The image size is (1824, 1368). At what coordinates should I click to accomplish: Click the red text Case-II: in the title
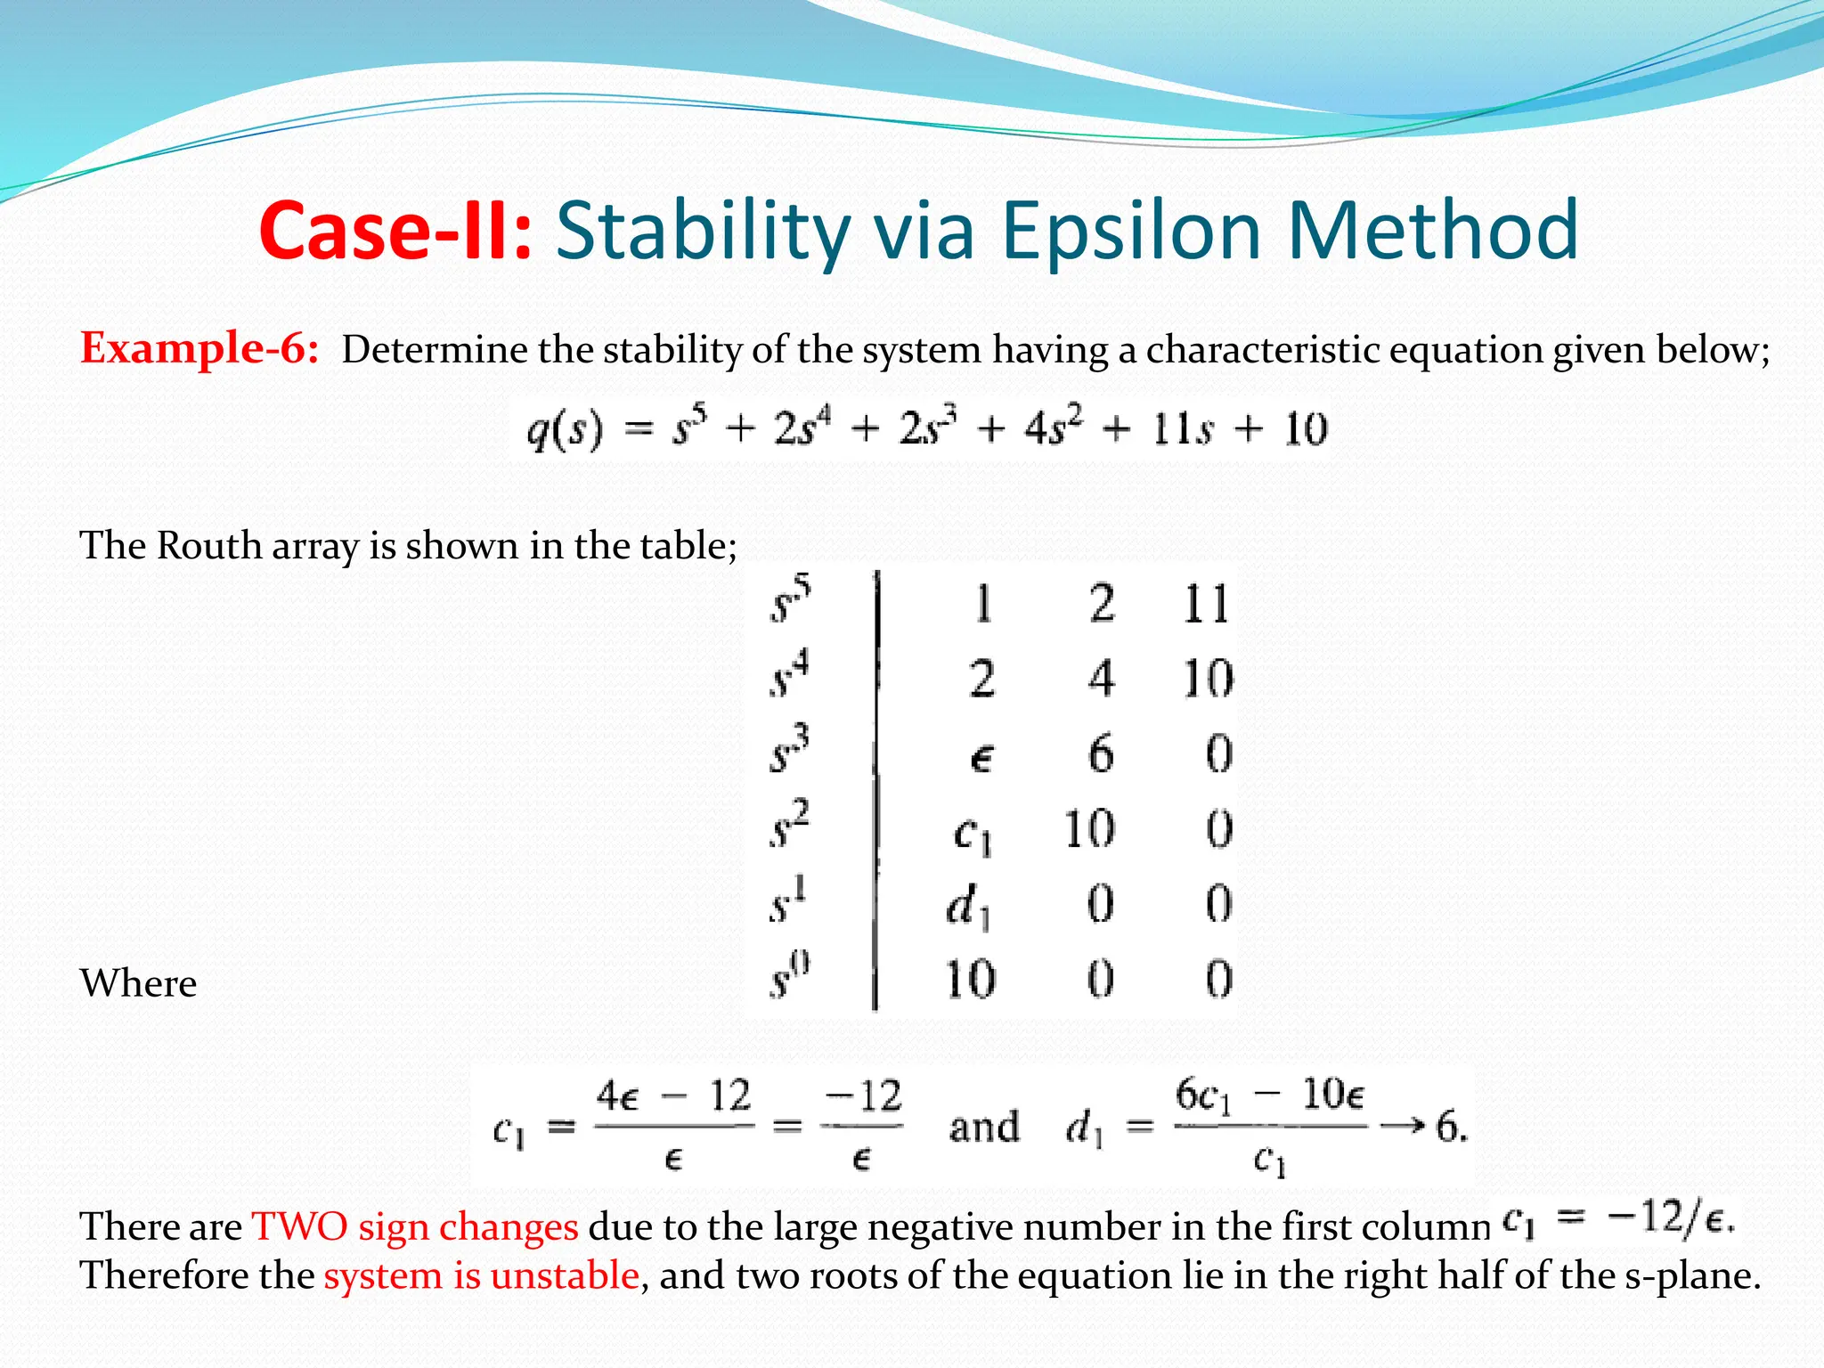coord(395,232)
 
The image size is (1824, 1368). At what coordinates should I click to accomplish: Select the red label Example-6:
coord(199,347)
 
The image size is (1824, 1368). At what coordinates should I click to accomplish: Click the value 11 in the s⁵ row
coord(1206,604)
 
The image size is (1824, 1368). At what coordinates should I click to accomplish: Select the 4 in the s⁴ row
coord(1101,679)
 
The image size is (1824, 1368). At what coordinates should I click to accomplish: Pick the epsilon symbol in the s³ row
coord(981,758)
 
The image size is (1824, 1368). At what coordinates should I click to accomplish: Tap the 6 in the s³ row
coord(1101,754)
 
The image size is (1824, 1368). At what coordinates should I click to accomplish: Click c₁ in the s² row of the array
coord(972,833)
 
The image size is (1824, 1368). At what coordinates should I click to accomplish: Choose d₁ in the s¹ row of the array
coord(967,908)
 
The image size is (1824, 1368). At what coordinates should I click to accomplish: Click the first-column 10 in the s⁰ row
coord(970,980)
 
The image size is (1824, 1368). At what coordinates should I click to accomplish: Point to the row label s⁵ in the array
coord(790,600)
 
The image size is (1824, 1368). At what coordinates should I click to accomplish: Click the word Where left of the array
coord(138,983)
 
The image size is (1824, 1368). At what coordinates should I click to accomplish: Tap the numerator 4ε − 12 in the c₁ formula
coord(673,1096)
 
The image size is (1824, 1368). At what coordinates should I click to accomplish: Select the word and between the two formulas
coord(984,1127)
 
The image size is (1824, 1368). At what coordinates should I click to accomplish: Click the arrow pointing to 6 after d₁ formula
coord(1403,1127)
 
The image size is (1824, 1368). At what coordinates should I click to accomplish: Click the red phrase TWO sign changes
coord(415,1226)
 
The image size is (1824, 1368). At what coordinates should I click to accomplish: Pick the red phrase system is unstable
coord(481,1275)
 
